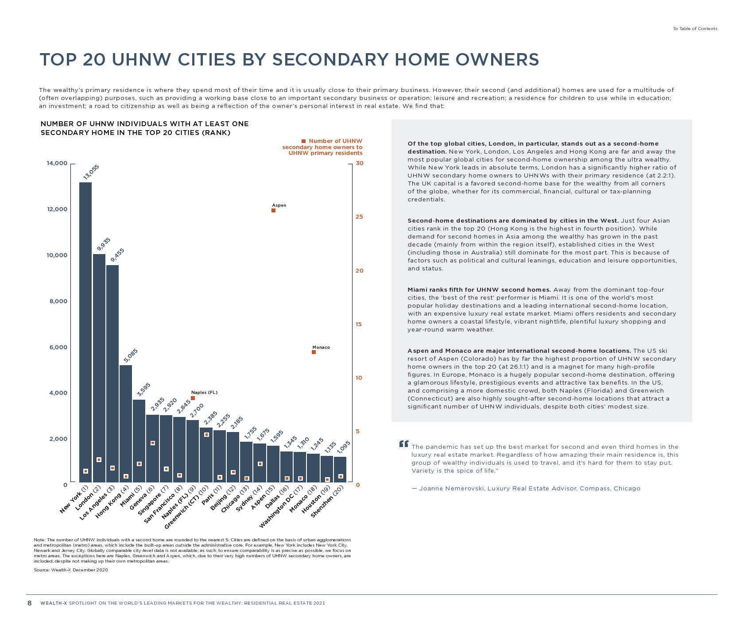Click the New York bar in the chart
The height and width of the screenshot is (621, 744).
85,332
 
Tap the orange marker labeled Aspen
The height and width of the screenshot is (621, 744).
274,211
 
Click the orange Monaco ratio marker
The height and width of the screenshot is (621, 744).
314,352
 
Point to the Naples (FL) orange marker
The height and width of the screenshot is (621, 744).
193,398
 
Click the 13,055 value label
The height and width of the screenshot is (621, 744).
91,172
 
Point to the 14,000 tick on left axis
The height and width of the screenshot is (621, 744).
57,163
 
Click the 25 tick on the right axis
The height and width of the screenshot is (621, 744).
359,217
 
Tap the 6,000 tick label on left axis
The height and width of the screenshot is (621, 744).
58,347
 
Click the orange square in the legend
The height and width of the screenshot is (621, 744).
303,141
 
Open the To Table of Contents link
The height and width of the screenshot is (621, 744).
695,29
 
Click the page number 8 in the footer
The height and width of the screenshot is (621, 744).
30,603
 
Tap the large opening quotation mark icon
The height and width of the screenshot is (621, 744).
403,444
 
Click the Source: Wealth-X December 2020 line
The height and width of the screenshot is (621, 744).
71,570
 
